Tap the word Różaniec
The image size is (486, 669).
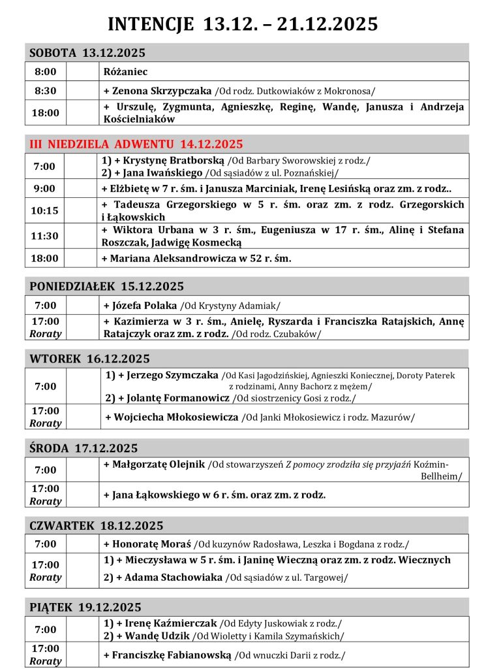coord(125,71)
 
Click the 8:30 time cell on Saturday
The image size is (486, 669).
coord(45,91)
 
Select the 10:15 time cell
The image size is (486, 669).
coord(45,211)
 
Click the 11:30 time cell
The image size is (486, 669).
coord(45,236)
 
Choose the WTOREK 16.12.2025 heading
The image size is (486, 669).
coord(89,359)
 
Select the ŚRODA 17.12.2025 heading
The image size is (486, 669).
coord(84,448)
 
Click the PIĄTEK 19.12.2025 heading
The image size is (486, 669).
coord(85,607)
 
